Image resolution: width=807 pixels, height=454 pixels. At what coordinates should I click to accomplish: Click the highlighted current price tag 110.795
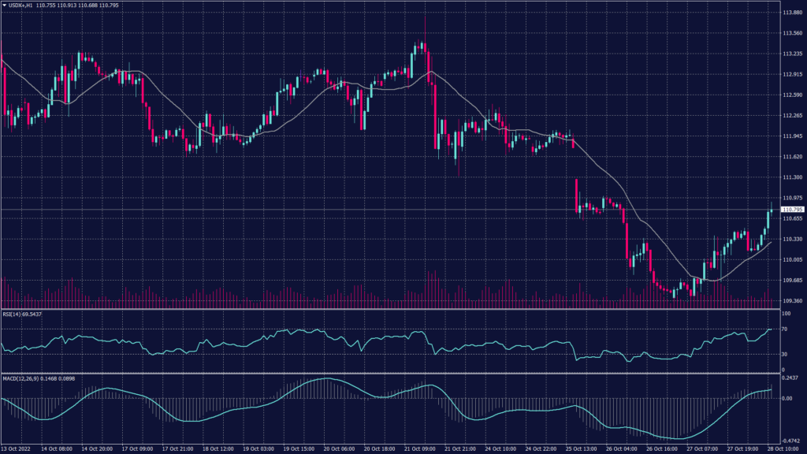pyautogui.click(x=791, y=210)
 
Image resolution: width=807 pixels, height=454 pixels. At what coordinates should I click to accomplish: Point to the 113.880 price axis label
pyautogui.click(x=791, y=13)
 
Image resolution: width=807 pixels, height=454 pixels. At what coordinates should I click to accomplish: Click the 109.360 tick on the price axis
pyautogui.click(x=791, y=301)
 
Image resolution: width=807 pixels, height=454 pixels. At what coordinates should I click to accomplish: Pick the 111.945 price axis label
pyautogui.click(x=791, y=136)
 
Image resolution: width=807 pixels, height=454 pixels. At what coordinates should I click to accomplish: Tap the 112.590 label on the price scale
pyautogui.click(x=791, y=95)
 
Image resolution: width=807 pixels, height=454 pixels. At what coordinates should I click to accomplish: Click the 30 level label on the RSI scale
pyautogui.click(x=784, y=355)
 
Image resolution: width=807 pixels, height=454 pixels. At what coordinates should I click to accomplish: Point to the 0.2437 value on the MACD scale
pyautogui.click(x=790, y=377)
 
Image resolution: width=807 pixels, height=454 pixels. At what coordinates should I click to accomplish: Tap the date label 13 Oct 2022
pyautogui.click(x=17, y=448)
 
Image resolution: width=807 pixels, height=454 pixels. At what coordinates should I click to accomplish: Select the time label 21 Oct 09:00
pyautogui.click(x=419, y=448)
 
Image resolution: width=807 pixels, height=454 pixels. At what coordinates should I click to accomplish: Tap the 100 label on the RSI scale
pyautogui.click(x=785, y=314)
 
